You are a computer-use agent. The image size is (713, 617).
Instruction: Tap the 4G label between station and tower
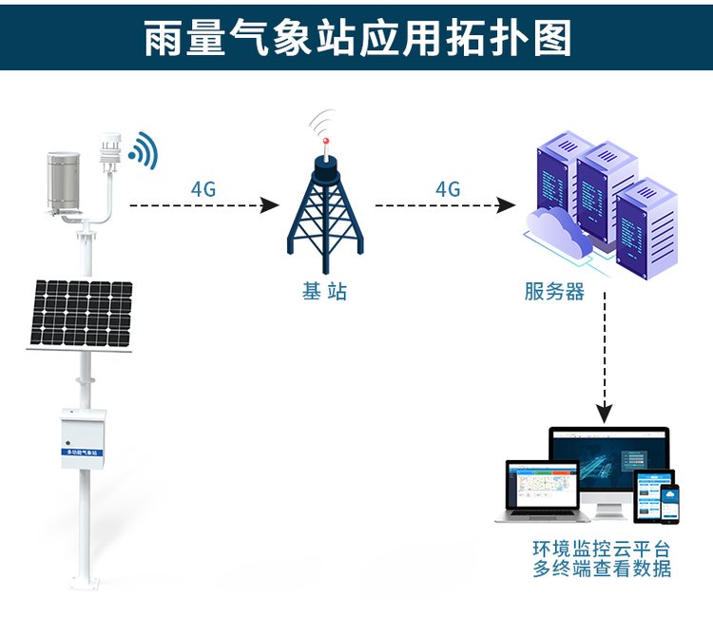203,188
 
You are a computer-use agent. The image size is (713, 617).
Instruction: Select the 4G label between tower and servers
448,188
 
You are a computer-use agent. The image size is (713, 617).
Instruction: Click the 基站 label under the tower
324,291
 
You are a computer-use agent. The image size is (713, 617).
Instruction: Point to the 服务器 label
554,291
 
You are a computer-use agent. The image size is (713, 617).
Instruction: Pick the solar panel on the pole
80,314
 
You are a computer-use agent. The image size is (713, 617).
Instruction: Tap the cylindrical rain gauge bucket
57,182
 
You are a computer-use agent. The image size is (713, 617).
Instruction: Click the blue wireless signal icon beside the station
145,149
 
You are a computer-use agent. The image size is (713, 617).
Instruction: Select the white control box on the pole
83,436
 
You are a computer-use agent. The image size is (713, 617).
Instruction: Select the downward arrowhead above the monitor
605,414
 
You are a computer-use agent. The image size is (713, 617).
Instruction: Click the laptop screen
541,484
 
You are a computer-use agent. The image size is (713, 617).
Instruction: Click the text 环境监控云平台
601,550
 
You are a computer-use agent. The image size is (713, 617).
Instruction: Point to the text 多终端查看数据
601,569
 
